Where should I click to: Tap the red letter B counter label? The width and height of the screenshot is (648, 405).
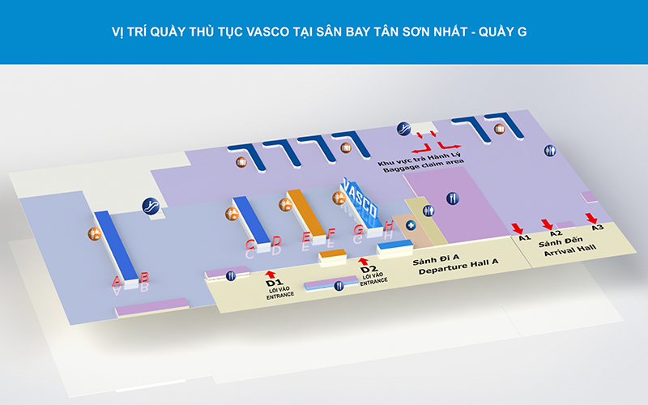click(144, 278)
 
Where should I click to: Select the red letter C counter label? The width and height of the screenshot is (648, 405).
click(251, 244)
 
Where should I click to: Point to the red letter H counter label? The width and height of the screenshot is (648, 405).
click(389, 225)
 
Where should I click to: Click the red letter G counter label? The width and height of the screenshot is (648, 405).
click(358, 229)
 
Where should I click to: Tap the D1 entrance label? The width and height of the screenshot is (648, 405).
click(274, 283)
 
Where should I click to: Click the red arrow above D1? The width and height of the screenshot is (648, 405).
click(271, 274)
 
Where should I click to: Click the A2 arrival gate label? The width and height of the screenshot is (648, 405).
click(556, 233)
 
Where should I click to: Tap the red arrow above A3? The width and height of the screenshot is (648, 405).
click(592, 217)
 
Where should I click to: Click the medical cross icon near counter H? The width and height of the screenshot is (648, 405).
click(411, 225)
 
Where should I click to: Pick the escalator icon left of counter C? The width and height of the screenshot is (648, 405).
click(149, 206)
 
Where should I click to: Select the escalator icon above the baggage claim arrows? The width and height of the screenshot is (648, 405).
click(403, 129)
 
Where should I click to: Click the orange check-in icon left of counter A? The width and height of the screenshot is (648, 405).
click(95, 234)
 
